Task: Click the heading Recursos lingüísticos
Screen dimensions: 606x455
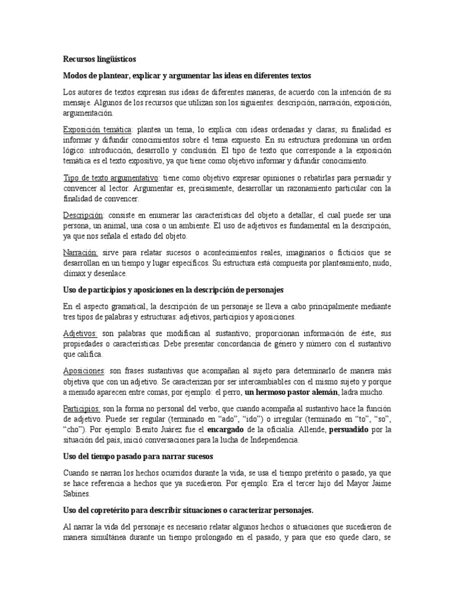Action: pos(100,59)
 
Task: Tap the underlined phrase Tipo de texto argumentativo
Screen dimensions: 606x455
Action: pos(111,178)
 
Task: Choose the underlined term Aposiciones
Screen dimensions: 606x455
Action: pos(84,371)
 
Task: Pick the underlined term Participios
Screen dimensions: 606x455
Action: pos(81,408)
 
